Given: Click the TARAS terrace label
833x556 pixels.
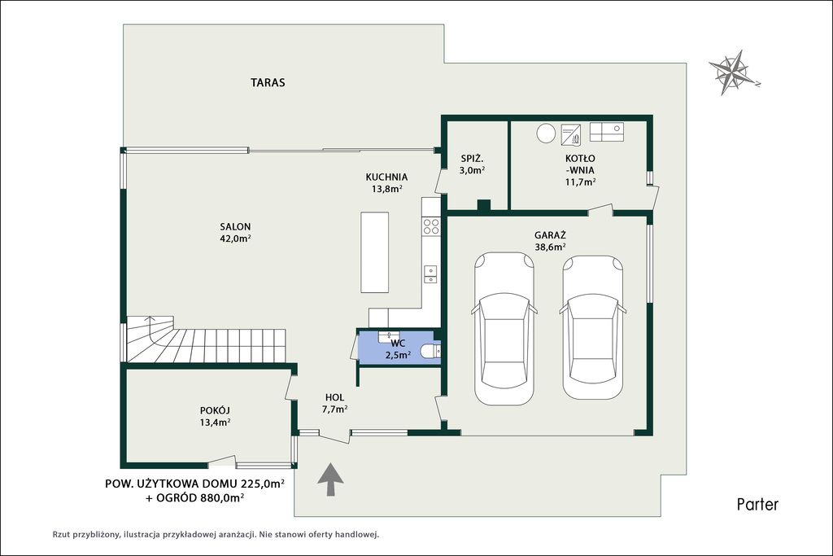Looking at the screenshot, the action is pos(268,82).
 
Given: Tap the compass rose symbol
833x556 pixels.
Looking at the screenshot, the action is pos(733,72).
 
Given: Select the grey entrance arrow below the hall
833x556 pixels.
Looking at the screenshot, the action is pos(330,479).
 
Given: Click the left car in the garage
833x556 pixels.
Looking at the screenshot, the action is pos(504,329).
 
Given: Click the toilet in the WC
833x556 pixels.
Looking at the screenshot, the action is pos(430,351).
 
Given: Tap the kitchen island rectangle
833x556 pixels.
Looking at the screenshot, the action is pos(374,252).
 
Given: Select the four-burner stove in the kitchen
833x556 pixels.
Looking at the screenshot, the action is pos(431,226).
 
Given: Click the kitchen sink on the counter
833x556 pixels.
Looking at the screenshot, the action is pos(430,274).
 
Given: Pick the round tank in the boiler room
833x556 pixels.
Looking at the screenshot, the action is pos(546,133).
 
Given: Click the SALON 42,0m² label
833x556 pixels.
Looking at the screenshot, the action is pos(235,232).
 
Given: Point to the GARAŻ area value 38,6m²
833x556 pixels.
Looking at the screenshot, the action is pos(550,247).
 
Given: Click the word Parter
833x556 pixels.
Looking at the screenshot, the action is pos(757,504).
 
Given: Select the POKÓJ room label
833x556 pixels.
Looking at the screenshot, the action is pos(215,409).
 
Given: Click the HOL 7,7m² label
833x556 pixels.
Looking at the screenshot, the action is pos(334,403).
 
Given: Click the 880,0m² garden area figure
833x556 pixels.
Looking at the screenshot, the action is pos(222,497).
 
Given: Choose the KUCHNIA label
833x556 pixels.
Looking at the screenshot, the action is pos(386,177).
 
